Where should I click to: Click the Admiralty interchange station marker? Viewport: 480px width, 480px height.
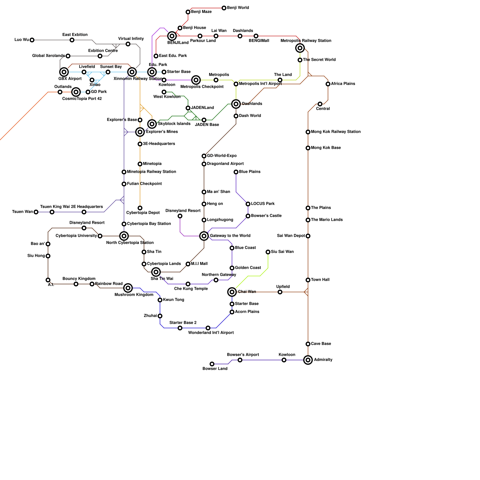pos(308,360)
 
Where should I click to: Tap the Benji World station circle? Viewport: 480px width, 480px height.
pos(224,8)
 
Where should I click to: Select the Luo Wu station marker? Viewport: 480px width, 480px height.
pos(32,40)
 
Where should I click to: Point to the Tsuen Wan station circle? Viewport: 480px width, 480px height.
pos(36,212)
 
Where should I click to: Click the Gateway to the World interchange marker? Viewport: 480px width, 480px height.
pos(204,236)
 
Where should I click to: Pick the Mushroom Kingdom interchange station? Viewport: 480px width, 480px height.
pos(128,288)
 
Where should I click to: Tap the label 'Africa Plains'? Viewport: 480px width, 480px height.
pos(343,84)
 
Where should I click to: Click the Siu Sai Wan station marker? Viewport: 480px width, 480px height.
pos(268,252)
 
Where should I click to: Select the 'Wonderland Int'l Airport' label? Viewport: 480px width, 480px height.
pos(211,333)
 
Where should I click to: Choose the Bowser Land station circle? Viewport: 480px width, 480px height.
pos(212,364)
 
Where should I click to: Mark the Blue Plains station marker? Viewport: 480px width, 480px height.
pos(236,172)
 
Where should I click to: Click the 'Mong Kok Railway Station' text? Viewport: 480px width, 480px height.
pos(336,132)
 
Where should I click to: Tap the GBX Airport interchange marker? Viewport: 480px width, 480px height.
pos(64,72)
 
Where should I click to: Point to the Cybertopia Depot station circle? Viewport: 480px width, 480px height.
pos(140,208)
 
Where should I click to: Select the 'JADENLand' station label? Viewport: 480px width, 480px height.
pos(202,108)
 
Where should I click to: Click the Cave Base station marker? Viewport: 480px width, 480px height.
pos(308,344)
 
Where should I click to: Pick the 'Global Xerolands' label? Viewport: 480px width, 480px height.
pos(48,56)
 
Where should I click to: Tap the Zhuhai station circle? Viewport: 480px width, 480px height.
pos(160,316)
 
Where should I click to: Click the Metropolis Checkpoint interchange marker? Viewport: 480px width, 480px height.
pos(196,80)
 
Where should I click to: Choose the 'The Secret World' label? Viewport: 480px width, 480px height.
pos(319,60)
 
